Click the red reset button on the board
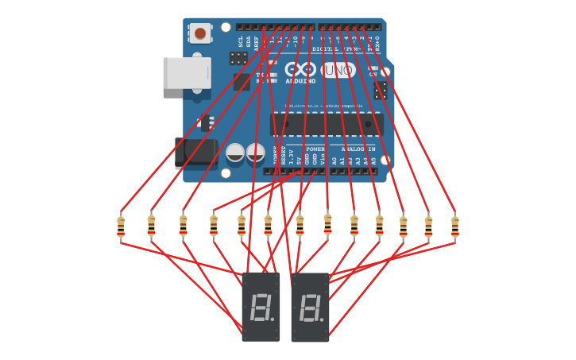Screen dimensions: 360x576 click(200, 33)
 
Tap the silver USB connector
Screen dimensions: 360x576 click(187, 72)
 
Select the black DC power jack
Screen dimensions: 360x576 click(195, 153)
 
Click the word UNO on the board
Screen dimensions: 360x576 click(338, 70)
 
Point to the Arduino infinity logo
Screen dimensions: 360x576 click(300, 70)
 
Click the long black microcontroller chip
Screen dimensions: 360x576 click(327, 124)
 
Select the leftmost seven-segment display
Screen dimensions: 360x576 click(261, 307)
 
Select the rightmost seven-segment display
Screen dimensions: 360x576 click(310, 307)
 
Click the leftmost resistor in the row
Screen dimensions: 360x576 click(121, 226)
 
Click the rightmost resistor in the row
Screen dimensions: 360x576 click(454, 226)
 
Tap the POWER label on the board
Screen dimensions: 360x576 click(315, 149)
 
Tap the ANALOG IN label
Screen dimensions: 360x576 click(358, 149)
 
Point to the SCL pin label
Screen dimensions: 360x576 click(241, 41)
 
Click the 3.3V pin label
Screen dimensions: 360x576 click(292, 157)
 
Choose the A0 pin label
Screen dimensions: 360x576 click(334, 160)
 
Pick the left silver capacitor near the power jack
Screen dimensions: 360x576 click(235, 153)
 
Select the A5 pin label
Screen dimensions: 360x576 click(373, 160)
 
